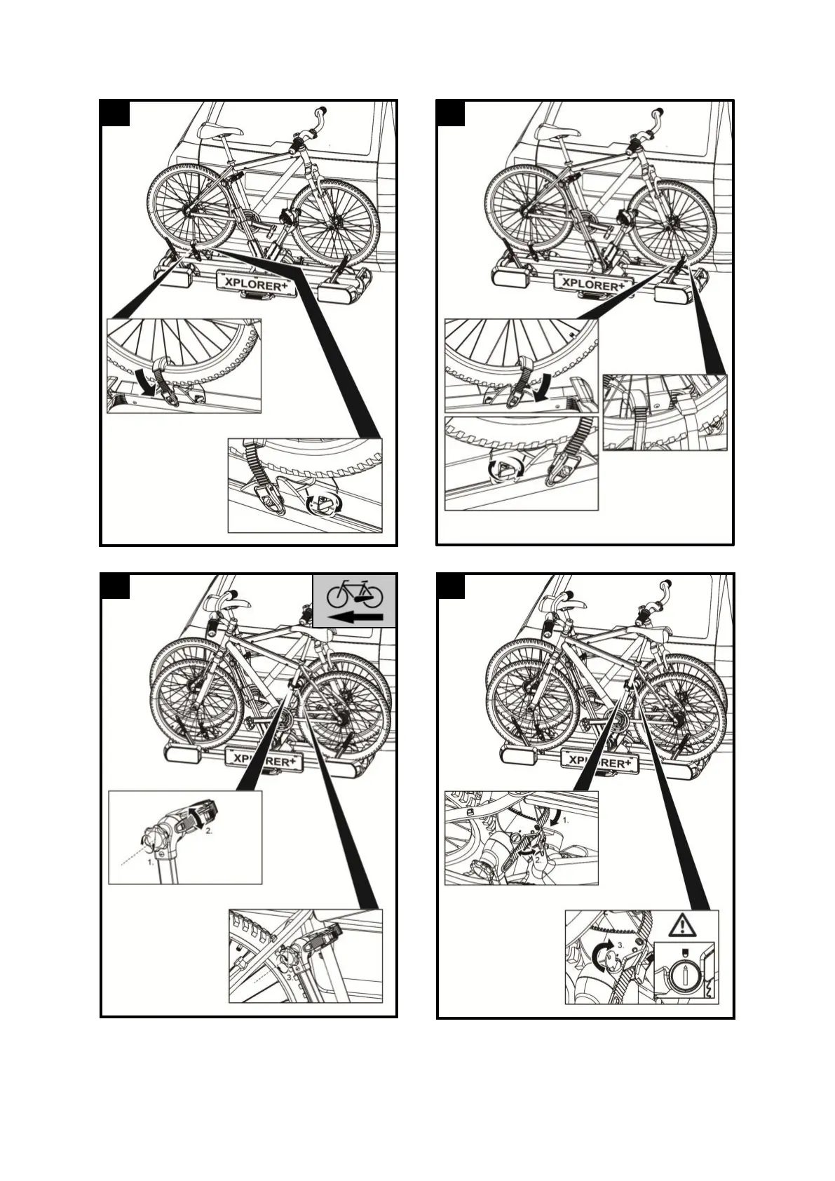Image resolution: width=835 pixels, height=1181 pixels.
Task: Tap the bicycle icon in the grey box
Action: pos(355,593)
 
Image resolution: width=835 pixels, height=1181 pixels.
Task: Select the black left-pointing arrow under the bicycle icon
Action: pos(356,617)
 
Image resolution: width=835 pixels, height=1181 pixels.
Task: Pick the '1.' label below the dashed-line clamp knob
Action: pos(151,862)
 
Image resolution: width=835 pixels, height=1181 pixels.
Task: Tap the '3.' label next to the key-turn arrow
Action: pos(620,946)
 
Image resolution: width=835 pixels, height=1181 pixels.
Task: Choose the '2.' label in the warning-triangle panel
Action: pos(538,858)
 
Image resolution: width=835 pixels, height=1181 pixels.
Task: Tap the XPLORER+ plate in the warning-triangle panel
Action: pos(601,761)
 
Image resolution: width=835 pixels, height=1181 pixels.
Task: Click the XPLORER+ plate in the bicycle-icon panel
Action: pos(264,760)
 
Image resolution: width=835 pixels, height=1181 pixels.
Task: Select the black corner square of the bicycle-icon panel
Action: pos(115,586)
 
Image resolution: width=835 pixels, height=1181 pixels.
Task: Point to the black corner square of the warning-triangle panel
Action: pos(451,586)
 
